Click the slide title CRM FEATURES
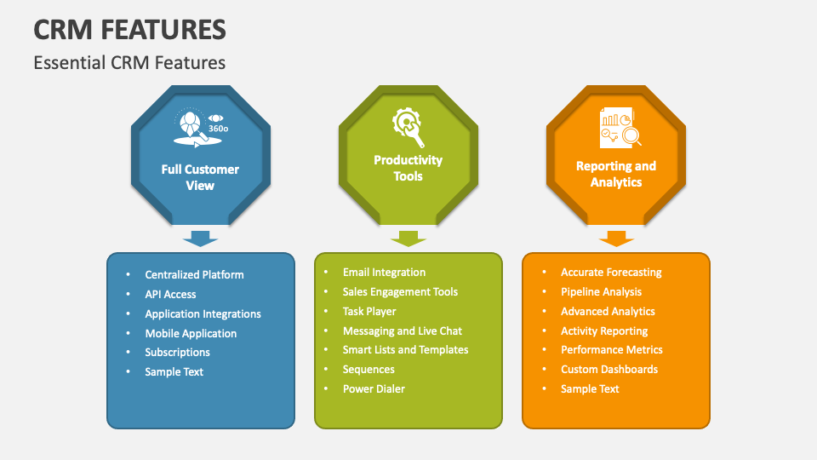point(129,29)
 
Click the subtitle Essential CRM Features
point(129,62)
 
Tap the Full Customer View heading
point(200,177)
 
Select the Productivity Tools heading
point(408,168)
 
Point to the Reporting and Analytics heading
point(615,174)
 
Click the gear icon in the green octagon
point(408,127)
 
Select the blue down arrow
point(201,238)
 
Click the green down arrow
point(408,238)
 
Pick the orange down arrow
point(616,238)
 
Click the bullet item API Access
point(170,294)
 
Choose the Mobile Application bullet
point(191,333)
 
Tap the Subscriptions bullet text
point(177,352)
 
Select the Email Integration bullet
point(384,272)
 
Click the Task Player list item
point(369,311)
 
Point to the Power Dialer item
point(374,388)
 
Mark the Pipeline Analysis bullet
point(601,291)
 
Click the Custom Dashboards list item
point(608,369)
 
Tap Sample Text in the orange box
point(590,388)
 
